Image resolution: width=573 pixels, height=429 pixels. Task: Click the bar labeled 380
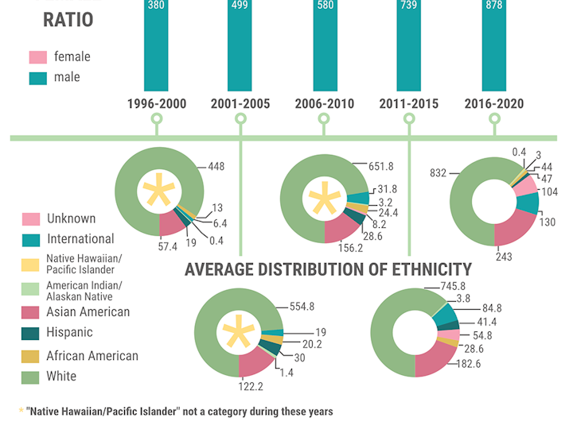pyautogui.click(x=156, y=48)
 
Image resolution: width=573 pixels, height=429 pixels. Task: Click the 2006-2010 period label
pyautogui.click(x=324, y=104)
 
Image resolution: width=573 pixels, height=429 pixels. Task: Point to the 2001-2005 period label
pyautogui.click(x=240, y=104)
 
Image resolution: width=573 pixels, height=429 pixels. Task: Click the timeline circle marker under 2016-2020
pyautogui.click(x=494, y=119)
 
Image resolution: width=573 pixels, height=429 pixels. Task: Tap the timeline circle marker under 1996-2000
pyautogui.click(x=156, y=119)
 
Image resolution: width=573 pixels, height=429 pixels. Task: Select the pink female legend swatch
pyautogui.click(x=37, y=57)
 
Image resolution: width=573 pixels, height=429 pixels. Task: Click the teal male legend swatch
pyautogui.click(x=37, y=78)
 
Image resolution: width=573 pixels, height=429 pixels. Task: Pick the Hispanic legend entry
pyautogui.click(x=69, y=333)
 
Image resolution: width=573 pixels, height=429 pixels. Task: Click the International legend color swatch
pyautogui.click(x=31, y=239)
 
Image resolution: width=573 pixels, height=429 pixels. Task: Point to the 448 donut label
pyautogui.click(x=216, y=167)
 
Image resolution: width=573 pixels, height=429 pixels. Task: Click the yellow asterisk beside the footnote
pyautogui.click(x=21, y=412)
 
